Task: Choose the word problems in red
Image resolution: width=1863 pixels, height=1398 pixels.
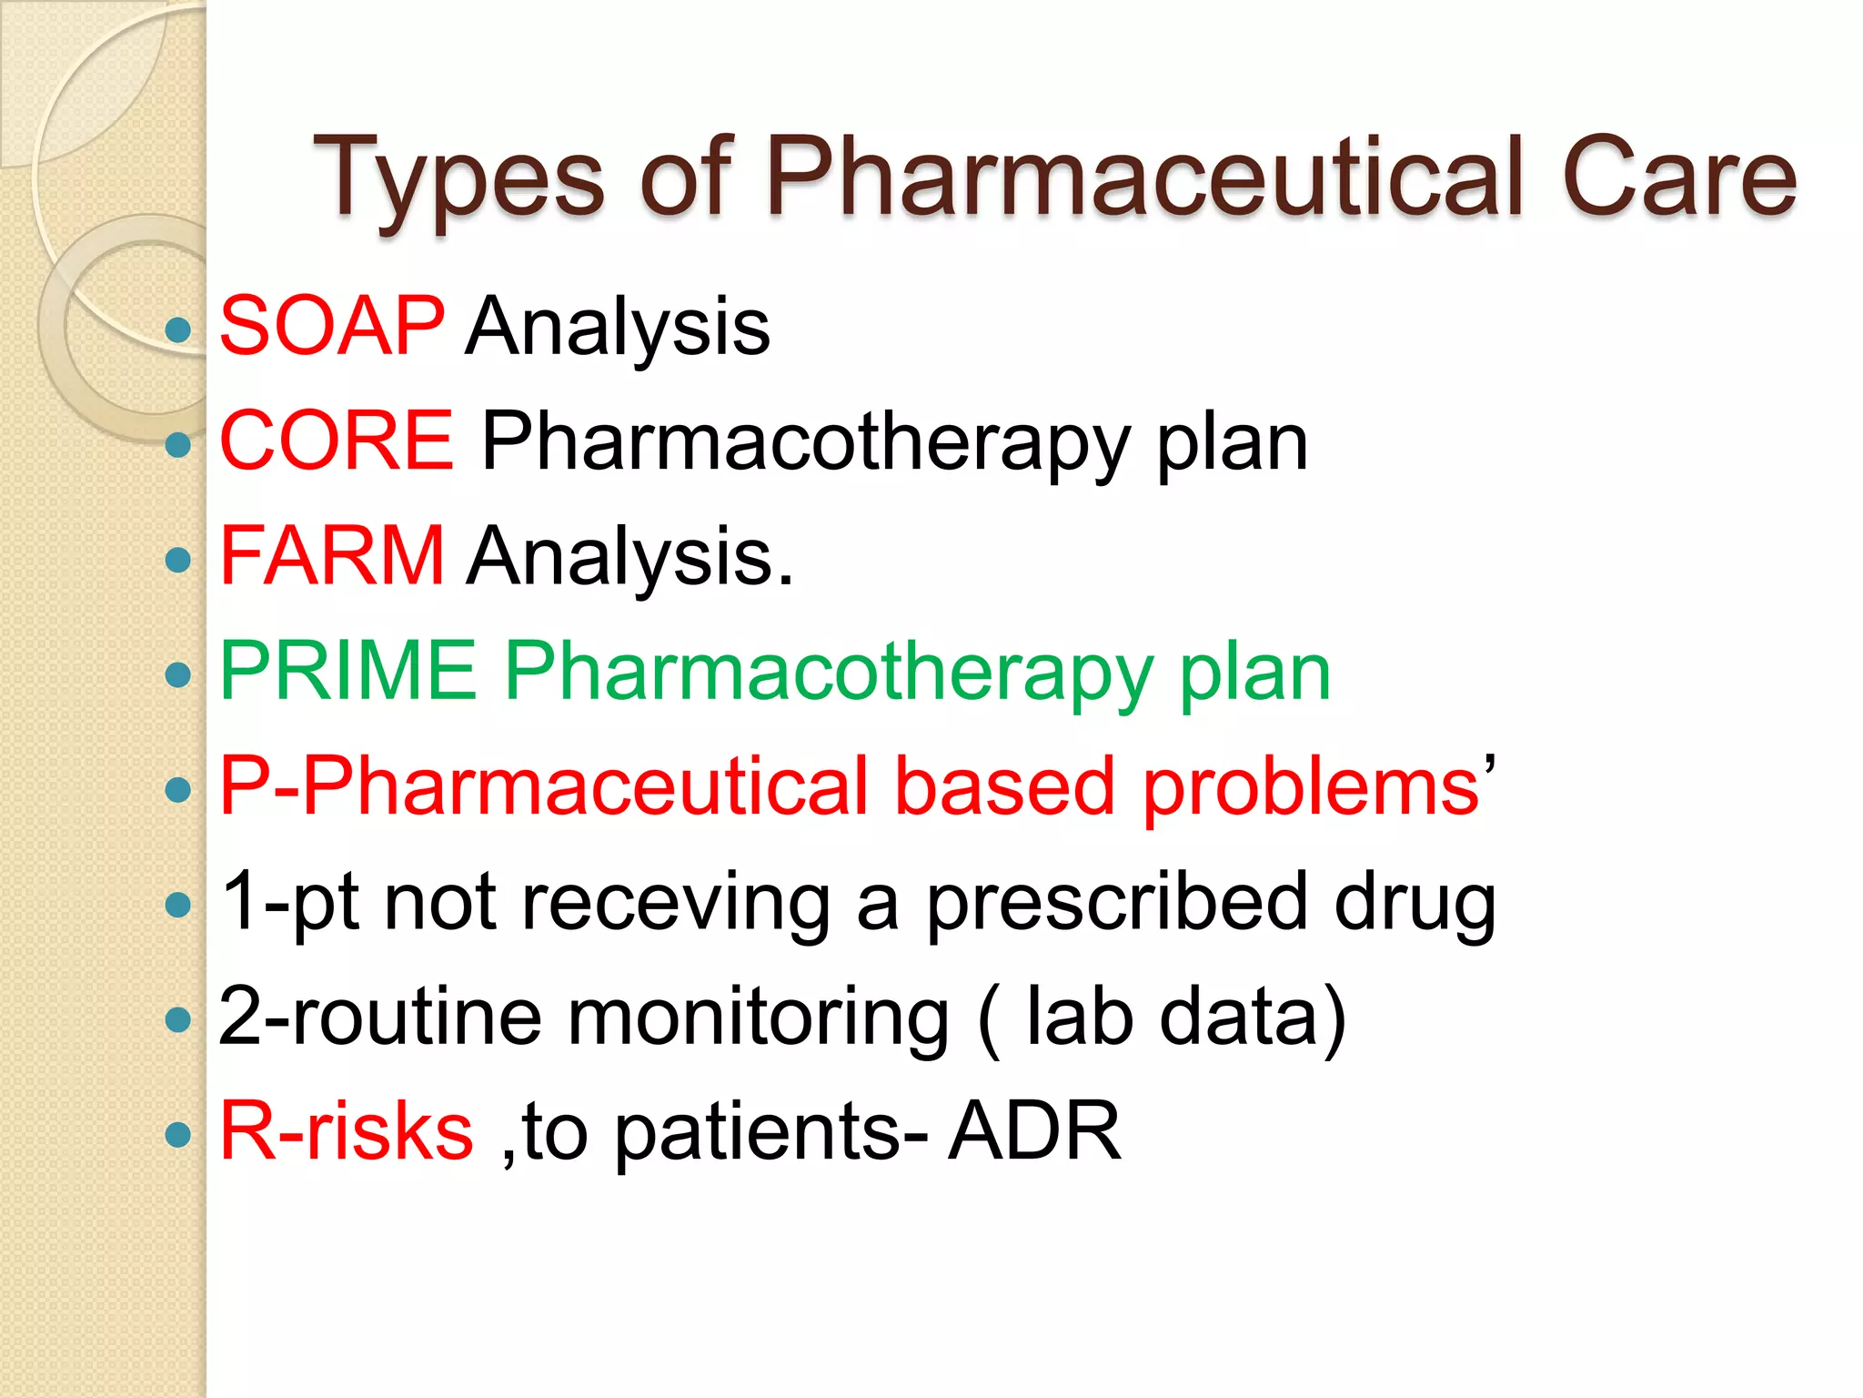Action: coord(1311,786)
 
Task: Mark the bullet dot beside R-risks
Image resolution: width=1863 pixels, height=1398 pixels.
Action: coord(179,1134)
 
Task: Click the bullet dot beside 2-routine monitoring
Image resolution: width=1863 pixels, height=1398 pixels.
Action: coord(179,1019)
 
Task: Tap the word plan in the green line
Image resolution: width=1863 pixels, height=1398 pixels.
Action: coord(1254,673)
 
